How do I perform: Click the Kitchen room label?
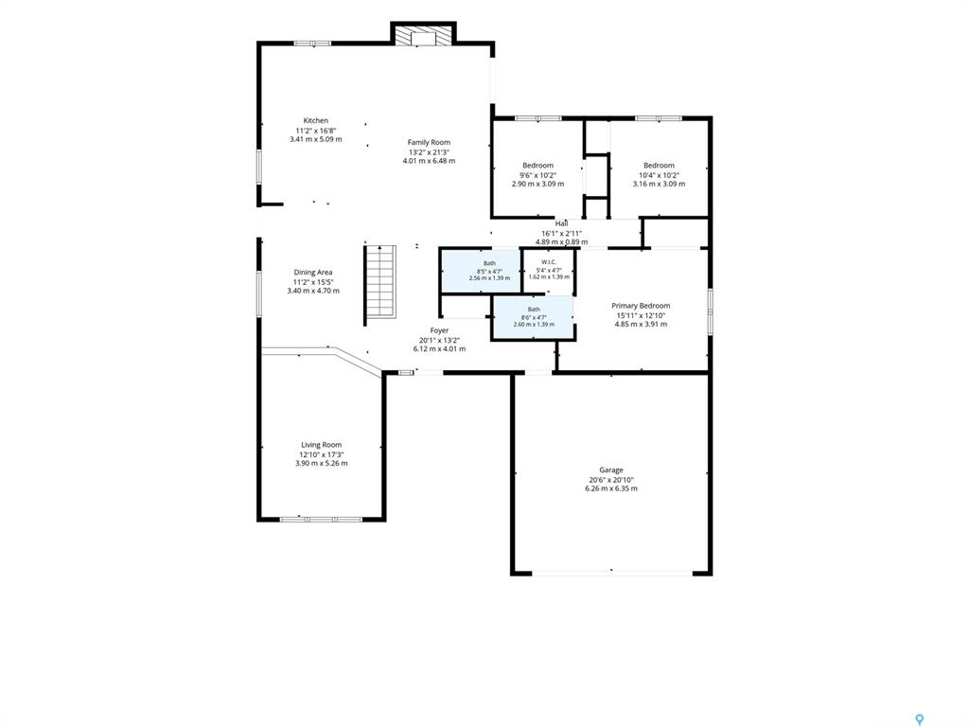click(x=316, y=120)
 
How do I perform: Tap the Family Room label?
click(x=429, y=142)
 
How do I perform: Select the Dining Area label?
click(x=313, y=272)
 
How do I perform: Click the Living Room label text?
click(x=322, y=445)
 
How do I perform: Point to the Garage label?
click(x=611, y=470)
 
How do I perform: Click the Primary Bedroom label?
click(x=641, y=306)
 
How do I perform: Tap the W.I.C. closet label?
click(x=549, y=262)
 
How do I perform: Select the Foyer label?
click(x=439, y=330)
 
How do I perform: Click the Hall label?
click(x=562, y=223)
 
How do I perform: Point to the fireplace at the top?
click(x=424, y=36)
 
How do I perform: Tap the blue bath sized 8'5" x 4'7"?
click(x=480, y=271)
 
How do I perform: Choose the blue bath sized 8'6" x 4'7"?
click(x=533, y=318)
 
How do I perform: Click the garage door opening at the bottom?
click(x=612, y=573)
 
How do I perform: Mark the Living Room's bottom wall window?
click(x=321, y=520)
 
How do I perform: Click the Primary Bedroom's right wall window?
click(x=711, y=310)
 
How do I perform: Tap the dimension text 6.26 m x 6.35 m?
click(x=611, y=488)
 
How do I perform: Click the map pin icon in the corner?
click(x=920, y=719)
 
